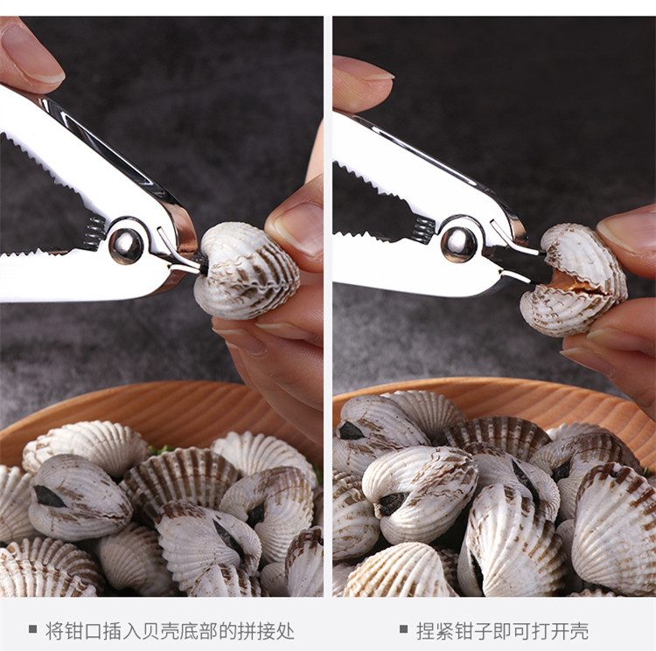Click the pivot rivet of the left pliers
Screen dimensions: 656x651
point(126,246)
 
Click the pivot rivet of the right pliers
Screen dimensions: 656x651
point(458,245)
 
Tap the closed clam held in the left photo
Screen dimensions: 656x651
point(247,270)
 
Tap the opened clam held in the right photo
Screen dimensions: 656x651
point(574,279)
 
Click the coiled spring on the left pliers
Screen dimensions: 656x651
point(94,233)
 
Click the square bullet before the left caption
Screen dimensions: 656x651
point(32,628)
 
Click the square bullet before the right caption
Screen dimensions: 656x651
point(403,628)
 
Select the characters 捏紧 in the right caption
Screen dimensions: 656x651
point(435,631)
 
